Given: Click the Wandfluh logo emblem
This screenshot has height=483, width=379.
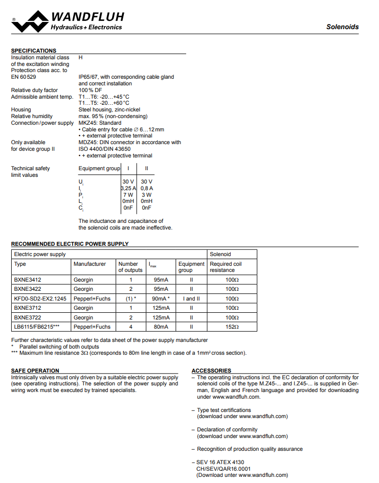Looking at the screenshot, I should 30,21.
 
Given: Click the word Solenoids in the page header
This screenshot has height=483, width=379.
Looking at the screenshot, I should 342,27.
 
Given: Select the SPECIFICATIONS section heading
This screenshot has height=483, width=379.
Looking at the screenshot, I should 34,51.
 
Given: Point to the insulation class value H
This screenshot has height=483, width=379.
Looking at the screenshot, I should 80,58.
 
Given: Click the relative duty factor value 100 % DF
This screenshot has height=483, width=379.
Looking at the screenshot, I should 90,90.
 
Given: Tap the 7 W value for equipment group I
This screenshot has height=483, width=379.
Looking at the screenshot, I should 128,195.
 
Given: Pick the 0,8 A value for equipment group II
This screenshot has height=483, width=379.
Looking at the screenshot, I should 147,188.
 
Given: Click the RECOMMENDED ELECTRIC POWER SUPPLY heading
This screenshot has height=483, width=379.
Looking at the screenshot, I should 70,244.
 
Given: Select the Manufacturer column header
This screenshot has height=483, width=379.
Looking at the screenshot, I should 90,264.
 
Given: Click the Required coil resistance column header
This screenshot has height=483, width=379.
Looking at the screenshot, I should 226,267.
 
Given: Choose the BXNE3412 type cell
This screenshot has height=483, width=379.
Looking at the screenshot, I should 27,280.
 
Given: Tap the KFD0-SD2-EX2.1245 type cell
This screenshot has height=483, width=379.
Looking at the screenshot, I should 40,298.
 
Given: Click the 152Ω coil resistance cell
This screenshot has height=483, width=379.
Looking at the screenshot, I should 232,327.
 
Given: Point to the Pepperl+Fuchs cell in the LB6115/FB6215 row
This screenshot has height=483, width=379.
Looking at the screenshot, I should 92,327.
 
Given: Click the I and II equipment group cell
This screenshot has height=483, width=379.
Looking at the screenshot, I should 191,298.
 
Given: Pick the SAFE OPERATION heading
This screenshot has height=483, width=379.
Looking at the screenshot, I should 35,371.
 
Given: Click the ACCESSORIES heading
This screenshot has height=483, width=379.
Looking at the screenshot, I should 211,371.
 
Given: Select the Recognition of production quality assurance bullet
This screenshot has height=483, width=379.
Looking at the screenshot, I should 250,449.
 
